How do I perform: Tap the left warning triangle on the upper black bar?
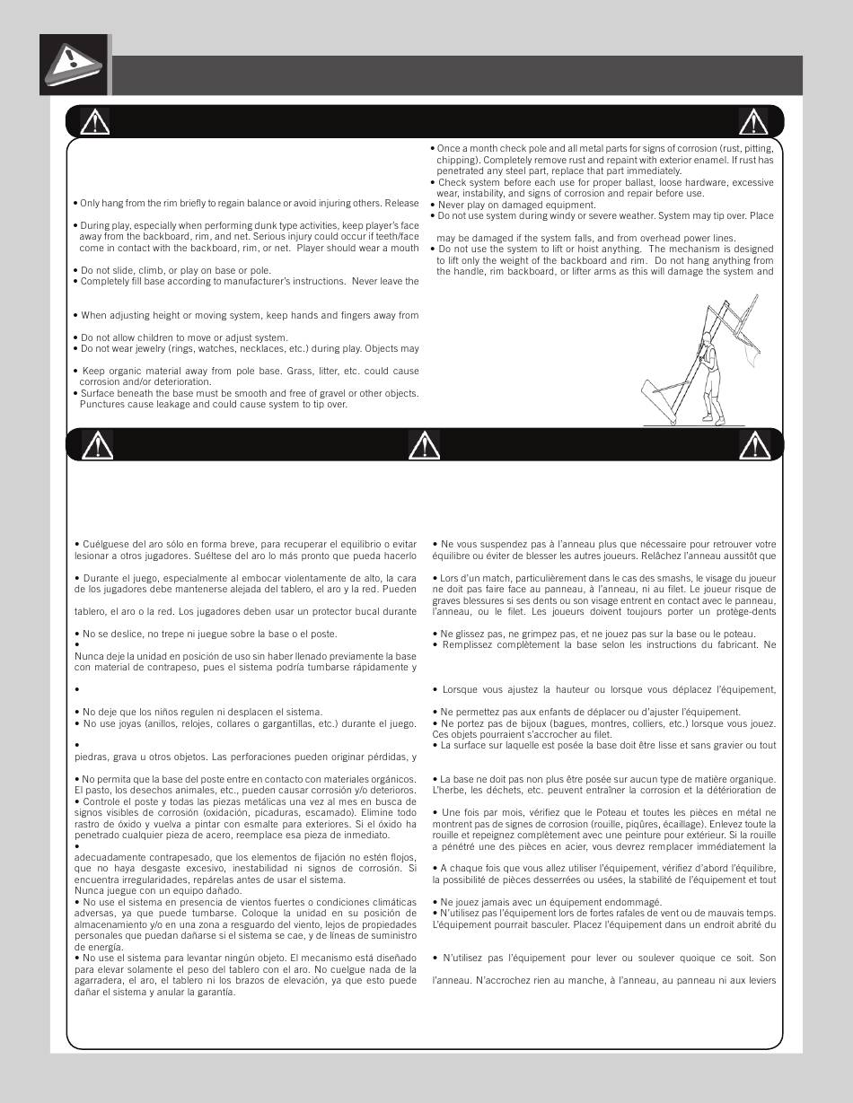[94, 121]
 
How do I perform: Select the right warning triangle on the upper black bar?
[752, 121]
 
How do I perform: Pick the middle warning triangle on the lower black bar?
[424, 444]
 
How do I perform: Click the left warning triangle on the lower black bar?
[97, 444]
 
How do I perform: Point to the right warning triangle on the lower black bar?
[754, 444]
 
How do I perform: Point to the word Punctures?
[101, 404]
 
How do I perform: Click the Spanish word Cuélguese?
[106, 544]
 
